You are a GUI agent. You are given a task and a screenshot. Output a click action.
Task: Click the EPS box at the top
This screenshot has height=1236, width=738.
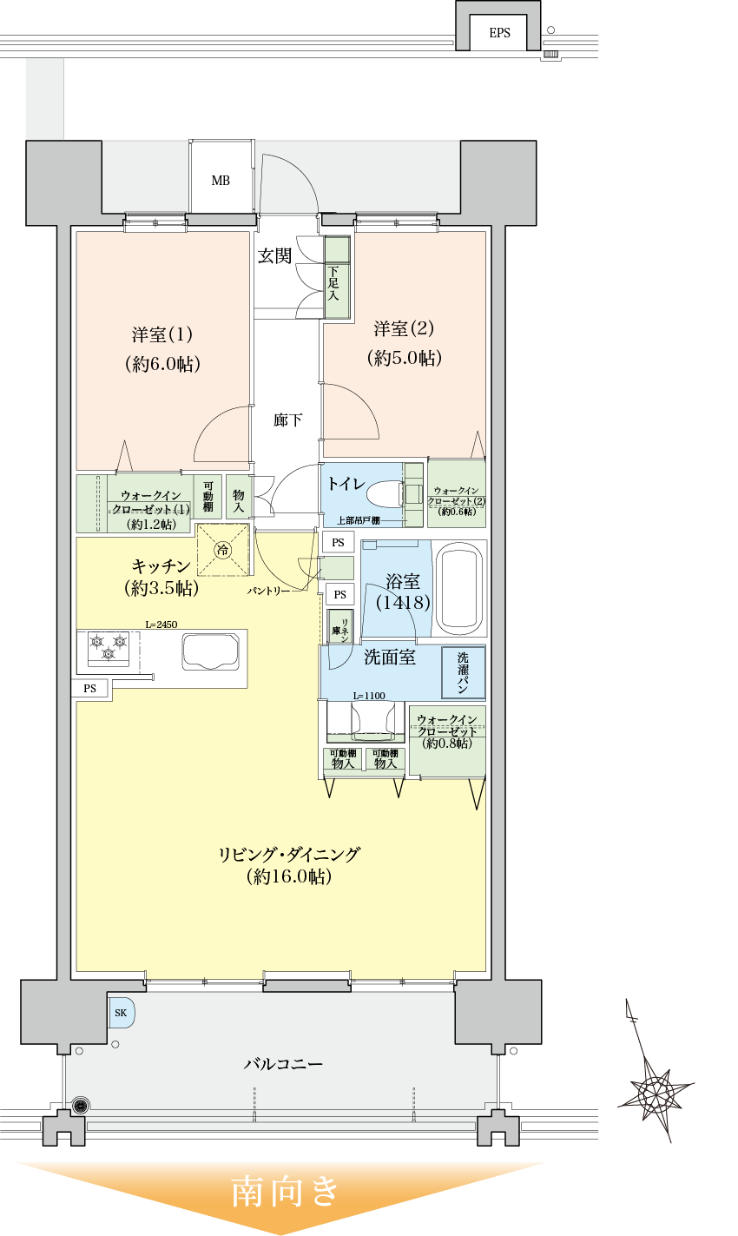(500, 33)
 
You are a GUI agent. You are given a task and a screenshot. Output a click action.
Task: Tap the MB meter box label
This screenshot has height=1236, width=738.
(221, 181)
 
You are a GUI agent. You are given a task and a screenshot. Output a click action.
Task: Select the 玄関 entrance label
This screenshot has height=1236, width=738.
(274, 255)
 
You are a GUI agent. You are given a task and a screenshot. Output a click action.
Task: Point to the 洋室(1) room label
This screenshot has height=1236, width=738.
(162, 334)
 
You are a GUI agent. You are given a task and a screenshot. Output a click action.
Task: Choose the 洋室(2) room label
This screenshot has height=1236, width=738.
(404, 329)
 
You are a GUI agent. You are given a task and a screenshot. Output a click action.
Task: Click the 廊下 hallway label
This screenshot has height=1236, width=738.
(287, 420)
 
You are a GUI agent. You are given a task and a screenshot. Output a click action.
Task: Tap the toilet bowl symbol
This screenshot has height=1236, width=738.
(385, 495)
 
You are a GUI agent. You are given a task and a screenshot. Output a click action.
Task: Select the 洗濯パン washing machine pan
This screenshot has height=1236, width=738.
(463, 672)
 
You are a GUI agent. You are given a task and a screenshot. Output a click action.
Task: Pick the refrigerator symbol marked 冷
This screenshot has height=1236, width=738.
(223, 549)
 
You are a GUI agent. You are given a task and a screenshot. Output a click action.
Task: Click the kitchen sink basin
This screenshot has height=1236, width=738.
(210, 651)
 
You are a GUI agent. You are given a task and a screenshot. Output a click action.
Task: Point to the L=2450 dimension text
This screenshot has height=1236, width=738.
(161, 624)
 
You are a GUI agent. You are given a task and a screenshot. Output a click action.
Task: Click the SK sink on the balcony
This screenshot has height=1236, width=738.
(121, 1013)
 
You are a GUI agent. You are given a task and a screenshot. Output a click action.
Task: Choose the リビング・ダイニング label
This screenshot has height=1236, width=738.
(288, 855)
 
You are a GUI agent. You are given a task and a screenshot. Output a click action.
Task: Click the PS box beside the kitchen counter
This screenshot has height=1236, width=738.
(90, 689)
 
